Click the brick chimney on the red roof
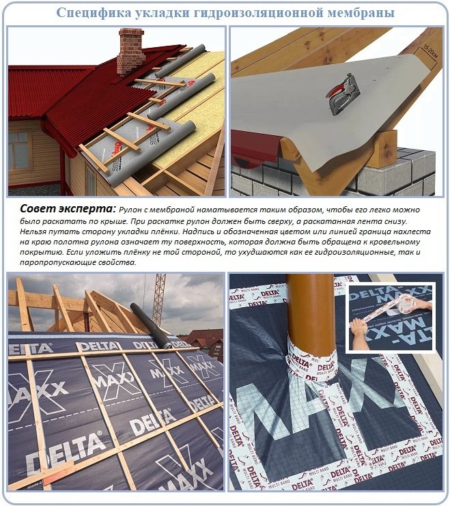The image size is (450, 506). click(130, 51)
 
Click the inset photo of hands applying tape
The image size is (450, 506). click(389, 318)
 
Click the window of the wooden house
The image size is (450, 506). click(18, 151)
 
